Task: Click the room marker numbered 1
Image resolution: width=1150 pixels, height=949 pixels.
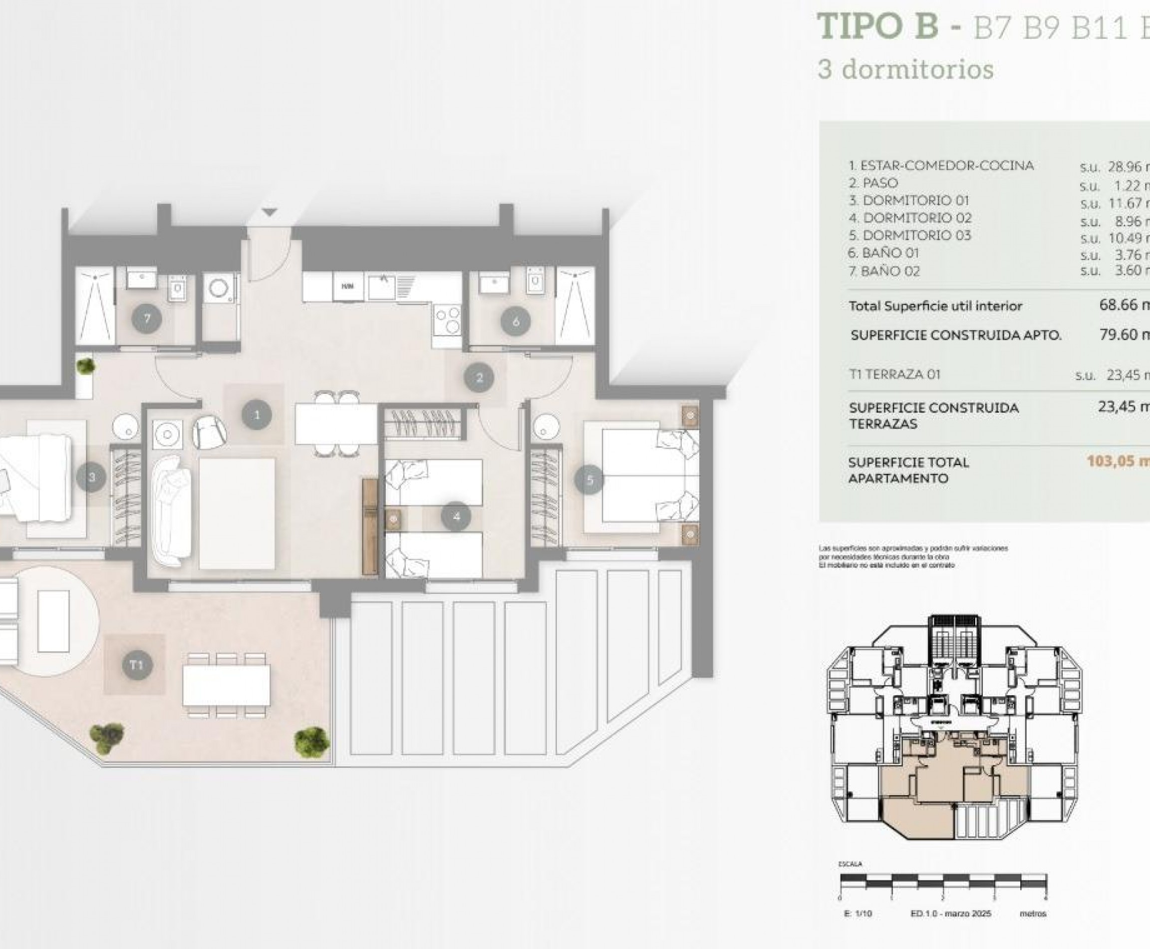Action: [257, 415]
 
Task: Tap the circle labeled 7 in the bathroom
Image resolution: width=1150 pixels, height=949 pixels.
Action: [147, 318]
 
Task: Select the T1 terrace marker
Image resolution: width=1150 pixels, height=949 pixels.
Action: [136, 665]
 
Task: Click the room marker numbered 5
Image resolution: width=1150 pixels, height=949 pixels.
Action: [589, 480]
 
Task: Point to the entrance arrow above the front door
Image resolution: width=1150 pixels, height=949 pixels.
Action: [270, 212]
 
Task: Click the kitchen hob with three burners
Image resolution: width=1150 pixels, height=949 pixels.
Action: [447, 320]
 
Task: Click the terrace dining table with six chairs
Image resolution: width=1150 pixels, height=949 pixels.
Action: [226, 684]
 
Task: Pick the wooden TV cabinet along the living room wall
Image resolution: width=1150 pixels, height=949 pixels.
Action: [370, 526]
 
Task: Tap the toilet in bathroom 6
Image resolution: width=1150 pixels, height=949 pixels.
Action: [535, 283]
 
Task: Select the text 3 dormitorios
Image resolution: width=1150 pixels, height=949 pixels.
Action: [905, 69]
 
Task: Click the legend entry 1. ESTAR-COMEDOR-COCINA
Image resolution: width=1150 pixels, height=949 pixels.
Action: [941, 166]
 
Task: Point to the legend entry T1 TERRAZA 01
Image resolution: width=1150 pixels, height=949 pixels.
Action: [894, 375]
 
